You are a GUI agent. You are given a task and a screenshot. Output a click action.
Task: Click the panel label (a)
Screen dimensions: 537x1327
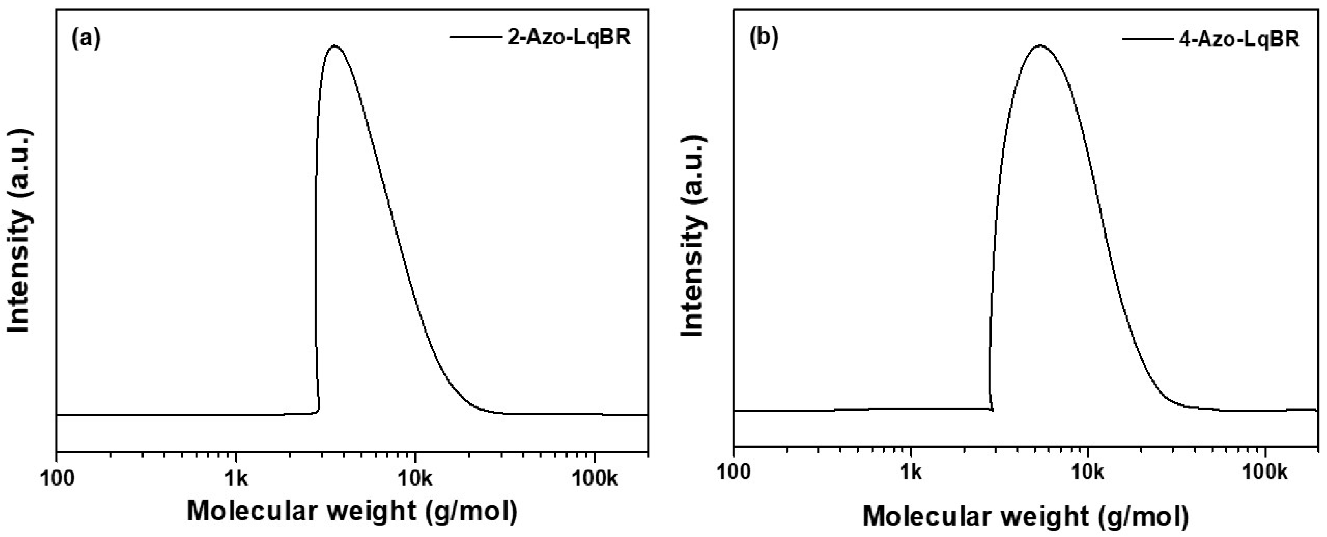tap(86, 38)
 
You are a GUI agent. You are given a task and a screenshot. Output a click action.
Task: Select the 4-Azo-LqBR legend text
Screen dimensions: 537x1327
tap(1239, 38)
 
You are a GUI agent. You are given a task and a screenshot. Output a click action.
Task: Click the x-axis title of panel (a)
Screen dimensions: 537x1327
tap(352, 512)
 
